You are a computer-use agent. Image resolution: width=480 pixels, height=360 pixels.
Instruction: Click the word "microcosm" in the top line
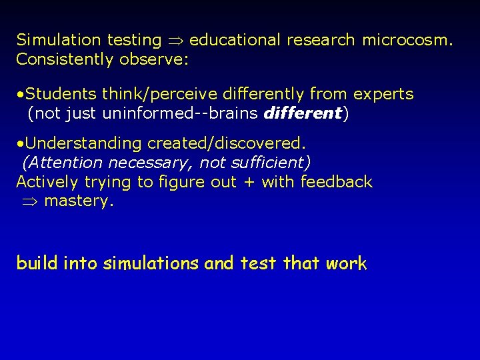406,40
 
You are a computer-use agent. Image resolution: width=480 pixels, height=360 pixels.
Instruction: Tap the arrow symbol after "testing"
175,41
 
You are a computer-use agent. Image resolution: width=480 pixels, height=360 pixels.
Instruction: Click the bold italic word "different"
303,113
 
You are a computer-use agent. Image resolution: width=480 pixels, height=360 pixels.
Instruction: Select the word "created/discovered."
226,143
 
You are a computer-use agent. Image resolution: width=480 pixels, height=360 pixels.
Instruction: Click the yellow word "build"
37,263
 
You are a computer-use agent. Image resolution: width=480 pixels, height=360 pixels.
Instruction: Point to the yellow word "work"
346,263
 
